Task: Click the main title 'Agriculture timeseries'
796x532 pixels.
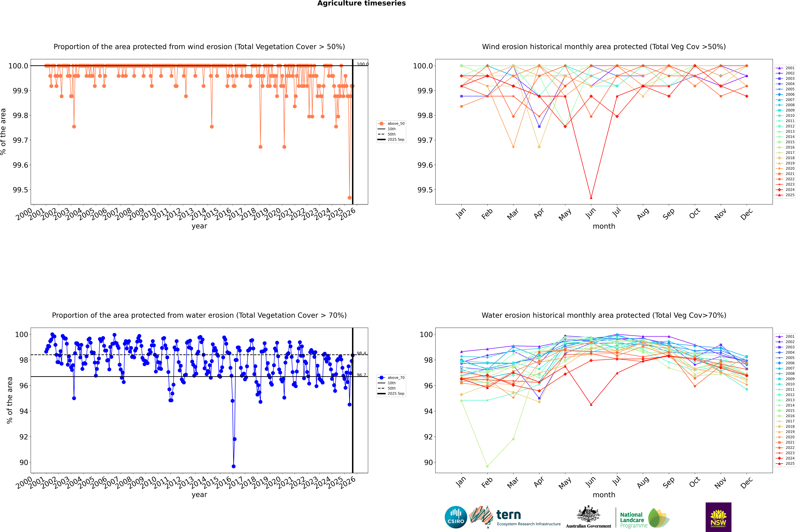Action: point(361,3)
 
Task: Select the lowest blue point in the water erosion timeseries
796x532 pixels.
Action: point(233,466)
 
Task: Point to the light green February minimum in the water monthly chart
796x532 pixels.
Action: point(487,466)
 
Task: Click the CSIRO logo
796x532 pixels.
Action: point(456,517)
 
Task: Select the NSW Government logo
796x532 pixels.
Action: point(718,517)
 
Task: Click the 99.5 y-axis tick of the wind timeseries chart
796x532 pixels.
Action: point(20,190)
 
